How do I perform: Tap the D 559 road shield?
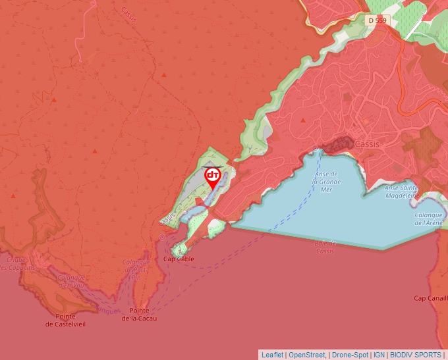click(x=378, y=20)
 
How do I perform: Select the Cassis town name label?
click(x=367, y=144)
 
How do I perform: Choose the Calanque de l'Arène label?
click(x=429, y=219)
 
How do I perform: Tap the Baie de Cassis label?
click(x=325, y=247)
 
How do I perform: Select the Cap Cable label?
click(x=179, y=259)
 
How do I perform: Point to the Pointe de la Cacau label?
click(x=139, y=315)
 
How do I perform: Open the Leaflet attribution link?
click(x=272, y=355)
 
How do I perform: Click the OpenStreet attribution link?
click(x=307, y=355)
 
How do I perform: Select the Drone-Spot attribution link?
click(x=349, y=355)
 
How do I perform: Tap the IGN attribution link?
click(x=379, y=355)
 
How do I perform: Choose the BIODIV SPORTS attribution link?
click(x=416, y=355)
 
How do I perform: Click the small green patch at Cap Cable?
click(x=179, y=249)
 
